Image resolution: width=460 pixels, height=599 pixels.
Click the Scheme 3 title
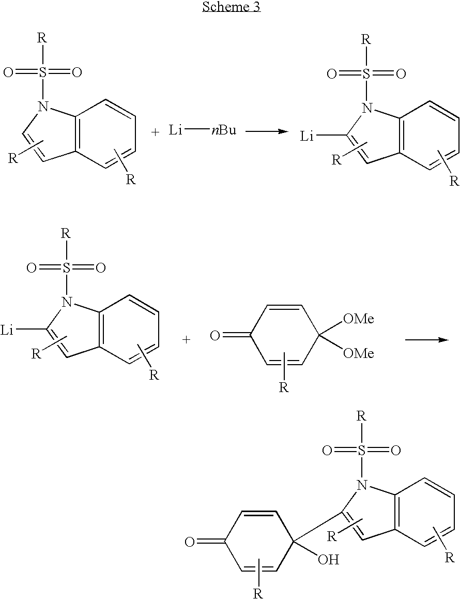click(x=231, y=7)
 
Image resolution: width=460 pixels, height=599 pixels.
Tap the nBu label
click(x=223, y=130)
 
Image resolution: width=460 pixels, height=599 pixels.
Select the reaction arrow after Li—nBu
click(x=266, y=131)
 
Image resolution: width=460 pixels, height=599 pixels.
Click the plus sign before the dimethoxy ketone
click(x=186, y=340)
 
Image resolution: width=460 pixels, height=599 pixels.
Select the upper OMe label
click(x=359, y=319)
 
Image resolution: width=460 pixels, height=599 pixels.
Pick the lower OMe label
click(x=359, y=353)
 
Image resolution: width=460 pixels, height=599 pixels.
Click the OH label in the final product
click(x=328, y=559)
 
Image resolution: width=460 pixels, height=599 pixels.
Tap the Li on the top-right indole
click(x=308, y=136)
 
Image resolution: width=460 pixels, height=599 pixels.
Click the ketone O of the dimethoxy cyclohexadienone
click(x=215, y=337)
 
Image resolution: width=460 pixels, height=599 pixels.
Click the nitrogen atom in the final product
click(x=362, y=485)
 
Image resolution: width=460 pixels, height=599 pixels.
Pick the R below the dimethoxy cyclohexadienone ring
click(x=284, y=387)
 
